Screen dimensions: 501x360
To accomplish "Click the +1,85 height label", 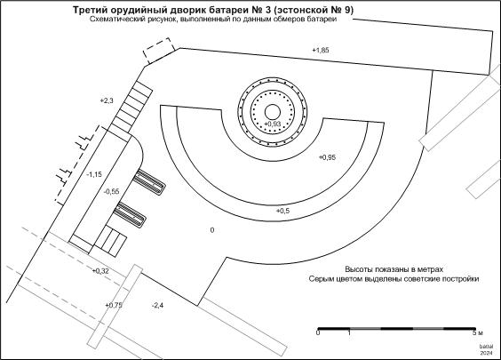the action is tap(321, 50).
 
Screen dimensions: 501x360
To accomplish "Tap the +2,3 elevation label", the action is tap(107, 100).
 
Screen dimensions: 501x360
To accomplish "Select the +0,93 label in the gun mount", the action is tap(273, 124).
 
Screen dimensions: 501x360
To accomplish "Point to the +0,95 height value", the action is tap(327, 157).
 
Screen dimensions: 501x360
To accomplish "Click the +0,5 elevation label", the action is tap(282, 211).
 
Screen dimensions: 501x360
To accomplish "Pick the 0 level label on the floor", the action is tap(212, 230).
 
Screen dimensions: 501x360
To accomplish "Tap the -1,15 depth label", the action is tap(94, 174).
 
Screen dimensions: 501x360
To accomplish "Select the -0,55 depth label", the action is tap(112, 191).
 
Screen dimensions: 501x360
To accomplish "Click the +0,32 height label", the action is tap(100, 271).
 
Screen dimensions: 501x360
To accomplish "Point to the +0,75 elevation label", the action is tap(114, 305).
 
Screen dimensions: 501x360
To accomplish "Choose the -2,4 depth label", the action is tap(157, 305).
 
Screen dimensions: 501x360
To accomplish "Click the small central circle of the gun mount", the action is tap(273, 112).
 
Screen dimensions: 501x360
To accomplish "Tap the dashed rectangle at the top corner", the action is tap(158, 51).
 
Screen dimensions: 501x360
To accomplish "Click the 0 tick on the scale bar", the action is tap(318, 332).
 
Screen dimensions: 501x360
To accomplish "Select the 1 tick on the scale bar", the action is tap(349, 332).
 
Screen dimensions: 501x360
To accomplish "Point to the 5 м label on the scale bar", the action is tap(478, 332).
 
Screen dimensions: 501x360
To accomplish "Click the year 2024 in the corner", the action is tap(486, 353).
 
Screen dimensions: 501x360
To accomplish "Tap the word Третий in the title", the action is tap(88, 11).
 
